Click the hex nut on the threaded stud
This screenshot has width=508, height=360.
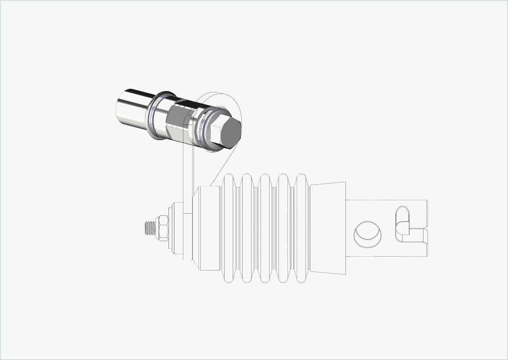pos(163,227)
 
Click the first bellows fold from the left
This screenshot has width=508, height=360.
pos(229,228)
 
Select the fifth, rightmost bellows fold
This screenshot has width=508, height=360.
pos(301,228)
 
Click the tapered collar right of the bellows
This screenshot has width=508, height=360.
pos(328,228)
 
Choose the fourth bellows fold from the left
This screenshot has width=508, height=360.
pos(283,228)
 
